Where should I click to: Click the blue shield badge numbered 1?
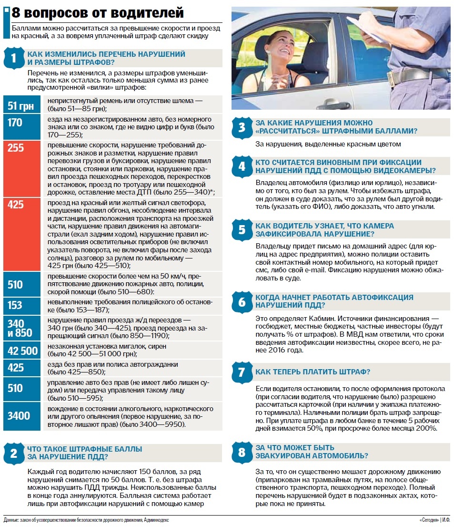[13, 58]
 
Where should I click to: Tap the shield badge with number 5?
[242, 230]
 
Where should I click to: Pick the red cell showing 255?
[21, 168]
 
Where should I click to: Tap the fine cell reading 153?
[21, 306]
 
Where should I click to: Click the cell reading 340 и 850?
[21, 328]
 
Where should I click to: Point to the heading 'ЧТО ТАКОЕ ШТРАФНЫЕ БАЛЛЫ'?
[85, 449]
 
